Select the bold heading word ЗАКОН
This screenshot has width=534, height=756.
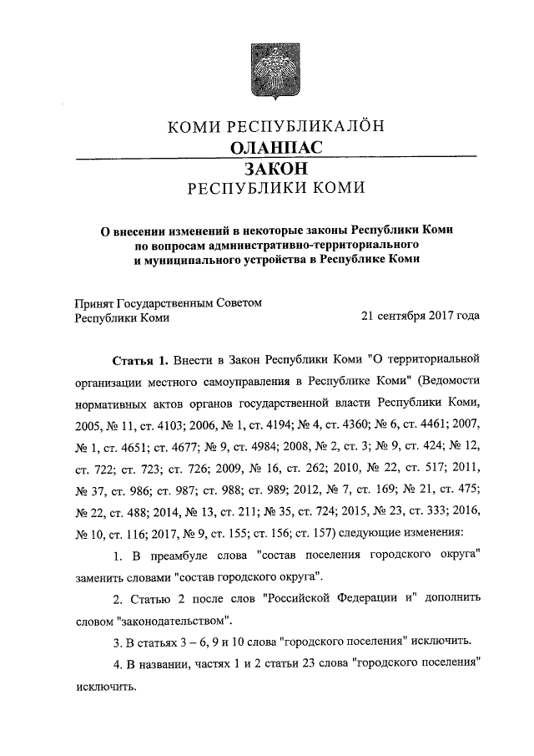pos(266,168)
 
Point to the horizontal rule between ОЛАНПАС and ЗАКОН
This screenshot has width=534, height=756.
pos(275,157)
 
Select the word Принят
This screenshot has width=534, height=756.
pos(94,302)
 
